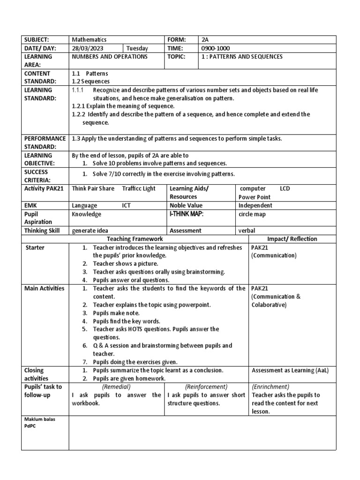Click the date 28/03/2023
click(x=87, y=48)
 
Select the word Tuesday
click(x=137, y=48)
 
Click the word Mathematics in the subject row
click(x=89, y=40)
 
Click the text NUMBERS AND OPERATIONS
click(x=110, y=57)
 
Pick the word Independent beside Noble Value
click(x=255, y=206)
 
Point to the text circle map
click(x=252, y=214)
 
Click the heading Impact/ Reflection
click(x=292, y=239)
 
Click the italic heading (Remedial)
click(x=116, y=387)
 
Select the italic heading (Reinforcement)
click(x=206, y=387)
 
